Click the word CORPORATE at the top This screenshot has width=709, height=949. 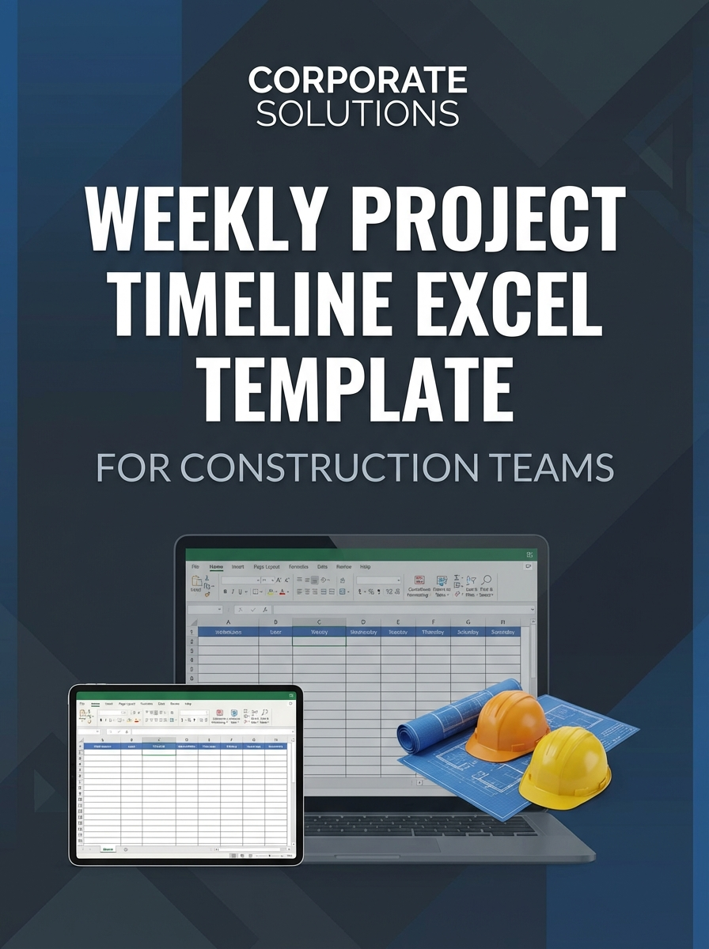pyautogui.click(x=357, y=80)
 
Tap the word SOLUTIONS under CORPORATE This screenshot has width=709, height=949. pyautogui.click(x=357, y=113)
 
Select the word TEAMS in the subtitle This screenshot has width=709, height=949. pyautogui.click(x=554, y=467)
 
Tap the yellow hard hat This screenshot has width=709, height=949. pyautogui.click(x=566, y=766)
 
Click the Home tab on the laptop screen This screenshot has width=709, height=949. pyautogui.click(x=216, y=567)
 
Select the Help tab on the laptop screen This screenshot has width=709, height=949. pyautogui.click(x=365, y=567)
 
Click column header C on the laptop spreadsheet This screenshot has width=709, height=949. pyautogui.click(x=319, y=622)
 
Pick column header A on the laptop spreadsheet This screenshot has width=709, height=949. pyautogui.click(x=228, y=622)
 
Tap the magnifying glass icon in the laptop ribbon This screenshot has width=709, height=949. pyautogui.click(x=487, y=580)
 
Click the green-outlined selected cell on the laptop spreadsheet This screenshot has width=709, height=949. pyautogui.click(x=319, y=641)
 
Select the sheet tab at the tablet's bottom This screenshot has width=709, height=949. pyautogui.click(x=107, y=849)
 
